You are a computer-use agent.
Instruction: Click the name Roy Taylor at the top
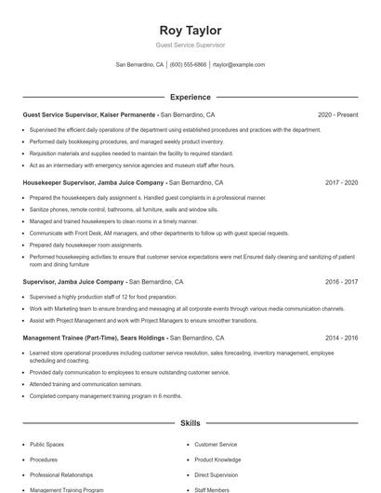pyautogui.click(x=190, y=30)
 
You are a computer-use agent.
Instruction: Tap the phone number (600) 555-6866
pyautogui.click(x=188, y=65)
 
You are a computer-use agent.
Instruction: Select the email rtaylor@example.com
pyautogui.click(x=239, y=65)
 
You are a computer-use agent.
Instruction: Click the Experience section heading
pyautogui.click(x=190, y=97)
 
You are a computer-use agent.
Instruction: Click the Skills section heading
pyautogui.click(x=190, y=423)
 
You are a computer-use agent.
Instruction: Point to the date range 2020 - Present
pyautogui.click(x=337, y=115)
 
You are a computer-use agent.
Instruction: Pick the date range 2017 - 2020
pyautogui.click(x=341, y=183)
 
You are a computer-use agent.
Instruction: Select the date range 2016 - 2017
pyautogui.click(x=341, y=281)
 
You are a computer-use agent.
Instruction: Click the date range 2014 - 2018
pyautogui.click(x=341, y=339)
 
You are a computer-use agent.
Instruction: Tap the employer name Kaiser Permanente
pyautogui.click(x=125, y=115)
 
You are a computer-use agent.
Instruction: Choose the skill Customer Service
pyautogui.click(x=216, y=445)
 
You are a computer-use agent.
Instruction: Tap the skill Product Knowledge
pyautogui.click(x=217, y=460)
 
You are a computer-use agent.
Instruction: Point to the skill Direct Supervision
pyautogui.click(x=216, y=474)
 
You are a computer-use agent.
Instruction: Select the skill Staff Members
pyautogui.click(x=212, y=489)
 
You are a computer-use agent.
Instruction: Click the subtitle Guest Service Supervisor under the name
pyautogui.click(x=190, y=45)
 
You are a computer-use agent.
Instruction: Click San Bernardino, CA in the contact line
pyautogui.click(x=139, y=65)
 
